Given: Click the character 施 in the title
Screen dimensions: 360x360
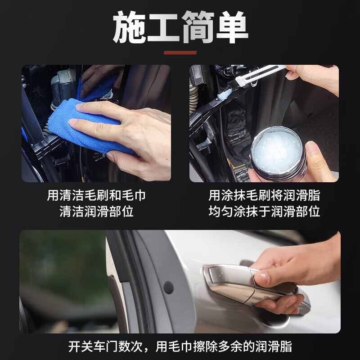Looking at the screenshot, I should [x=129, y=28].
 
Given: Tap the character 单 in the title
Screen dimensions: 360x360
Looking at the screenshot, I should [x=231, y=28].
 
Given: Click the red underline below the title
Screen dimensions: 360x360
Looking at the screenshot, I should [x=180, y=53].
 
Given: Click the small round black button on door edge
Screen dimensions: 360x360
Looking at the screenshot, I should [x=169, y=287].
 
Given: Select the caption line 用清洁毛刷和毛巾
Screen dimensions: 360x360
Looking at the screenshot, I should [x=96, y=196].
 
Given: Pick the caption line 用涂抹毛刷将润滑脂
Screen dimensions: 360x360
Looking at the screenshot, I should [x=264, y=196].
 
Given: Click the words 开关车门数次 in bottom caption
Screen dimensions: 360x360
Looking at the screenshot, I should [x=108, y=346].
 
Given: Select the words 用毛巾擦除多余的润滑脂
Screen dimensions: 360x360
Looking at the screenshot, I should [x=224, y=346].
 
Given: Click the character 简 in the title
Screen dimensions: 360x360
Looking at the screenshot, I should [x=197, y=28].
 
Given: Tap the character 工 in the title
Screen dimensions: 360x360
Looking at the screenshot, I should [x=163, y=28].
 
